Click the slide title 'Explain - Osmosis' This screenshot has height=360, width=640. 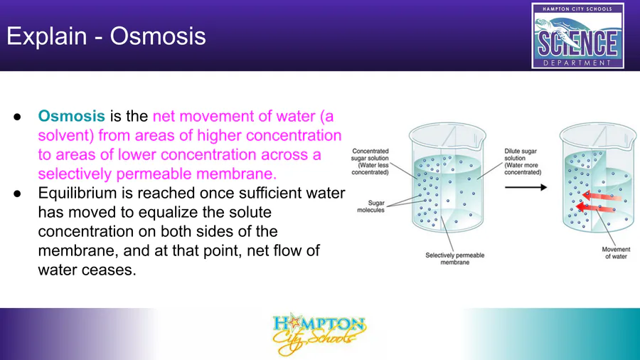tap(106, 36)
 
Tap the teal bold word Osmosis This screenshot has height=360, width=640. tap(71, 116)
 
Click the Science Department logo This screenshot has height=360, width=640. tap(577, 36)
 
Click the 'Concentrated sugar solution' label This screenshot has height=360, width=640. tap(370, 162)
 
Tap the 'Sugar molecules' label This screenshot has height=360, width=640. tap(371, 206)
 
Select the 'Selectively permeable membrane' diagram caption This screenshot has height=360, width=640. tap(454, 258)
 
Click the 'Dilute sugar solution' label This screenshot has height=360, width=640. tap(523, 162)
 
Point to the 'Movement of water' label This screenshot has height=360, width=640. tap(616, 253)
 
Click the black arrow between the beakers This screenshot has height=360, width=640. tap(526, 187)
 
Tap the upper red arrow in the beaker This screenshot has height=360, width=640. tap(602, 196)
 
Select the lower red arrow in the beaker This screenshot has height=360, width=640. tap(595, 208)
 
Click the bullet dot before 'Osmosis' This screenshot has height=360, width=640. tap(17, 117)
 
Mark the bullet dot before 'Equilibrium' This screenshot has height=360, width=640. tap(17, 194)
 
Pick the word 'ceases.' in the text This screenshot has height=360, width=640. tap(111, 270)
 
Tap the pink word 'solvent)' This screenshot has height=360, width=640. tap(65, 135)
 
